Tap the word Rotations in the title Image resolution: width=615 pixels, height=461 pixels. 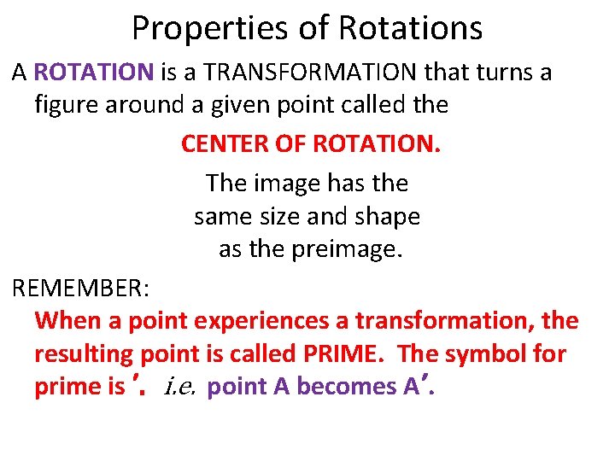(x=410, y=29)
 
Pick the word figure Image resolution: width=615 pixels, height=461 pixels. (x=67, y=106)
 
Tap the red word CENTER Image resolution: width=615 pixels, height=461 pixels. (x=222, y=144)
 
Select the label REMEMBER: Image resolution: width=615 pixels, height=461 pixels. (x=81, y=288)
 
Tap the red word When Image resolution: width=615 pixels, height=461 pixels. (x=67, y=321)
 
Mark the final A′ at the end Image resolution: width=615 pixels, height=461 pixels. (x=417, y=387)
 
